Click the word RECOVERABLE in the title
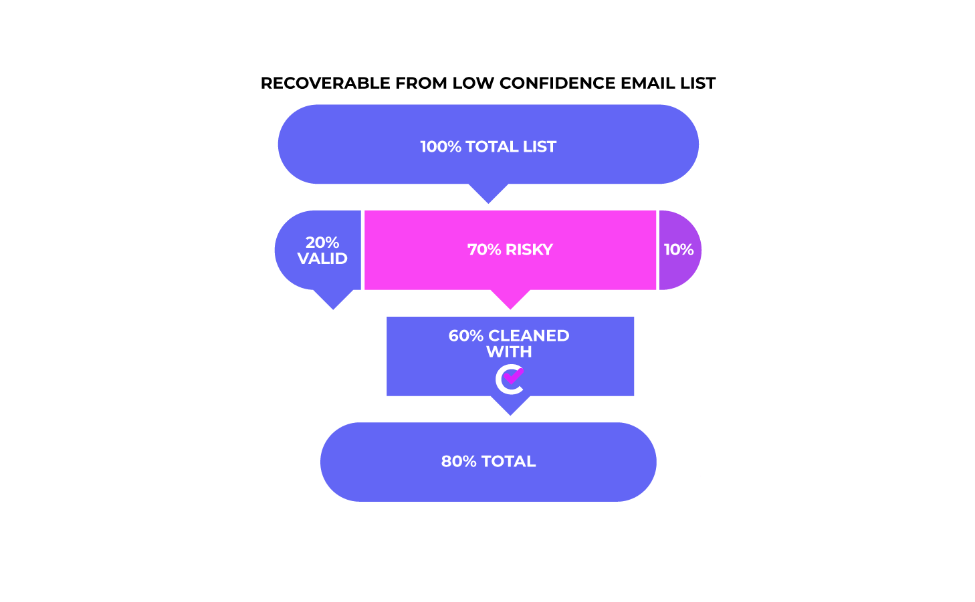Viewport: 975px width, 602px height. pyautogui.click(x=325, y=83)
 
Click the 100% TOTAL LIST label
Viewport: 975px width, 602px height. pyautogui.click(x=488, y=146)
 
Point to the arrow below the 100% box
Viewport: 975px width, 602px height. pyautogui.click(x=488, y=193)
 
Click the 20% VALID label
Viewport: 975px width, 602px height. pyautogui.click(x=322, y=251)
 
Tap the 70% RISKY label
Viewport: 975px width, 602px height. pyautogui.click(x=510, y=250)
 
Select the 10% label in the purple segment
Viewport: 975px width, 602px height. pyautogui.click(x=679, y=250)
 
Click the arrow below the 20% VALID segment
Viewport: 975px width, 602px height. pyautogui.click(x=334, y=299)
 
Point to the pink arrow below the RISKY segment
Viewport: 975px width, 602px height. pyautogui.click(x=510, y=299)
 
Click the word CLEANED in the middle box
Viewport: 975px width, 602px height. pyautogui.click(x=528, y=335)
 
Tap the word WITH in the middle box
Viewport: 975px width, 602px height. pyautogui.click(x=509, y=351)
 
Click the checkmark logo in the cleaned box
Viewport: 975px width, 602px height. pyautogui.click(x=510, y=379)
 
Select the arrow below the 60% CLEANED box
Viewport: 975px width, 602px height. pyautogui.click(x=510, y=406)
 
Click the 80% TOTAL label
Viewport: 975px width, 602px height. pyautogui.click(x=488, y=462)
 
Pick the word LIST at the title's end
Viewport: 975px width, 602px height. pyautogui.click(x=695, y=83)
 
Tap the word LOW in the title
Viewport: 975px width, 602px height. pyautogui.click(x=473, y=83)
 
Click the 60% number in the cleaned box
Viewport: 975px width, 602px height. pyautogui.click(x=465, y=335)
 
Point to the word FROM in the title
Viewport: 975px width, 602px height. pyautogui.click(x=421, y=83)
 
